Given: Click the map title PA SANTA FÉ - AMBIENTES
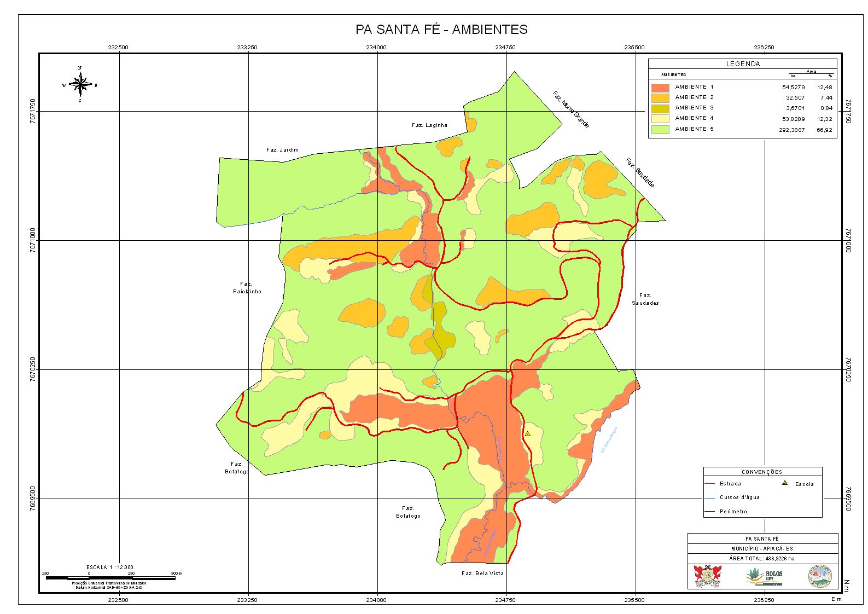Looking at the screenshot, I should click(x=441, y=30).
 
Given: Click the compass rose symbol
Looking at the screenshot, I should click(x=80, y=85).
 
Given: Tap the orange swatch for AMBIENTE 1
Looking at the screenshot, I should click(x=660, y=87).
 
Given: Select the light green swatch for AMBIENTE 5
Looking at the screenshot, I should click(x=660, y=129).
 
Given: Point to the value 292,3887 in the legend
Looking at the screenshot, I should click(x=791, y=130).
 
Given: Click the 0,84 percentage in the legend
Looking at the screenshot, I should click(x=826, y=108).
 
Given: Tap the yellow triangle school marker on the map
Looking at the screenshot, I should click(x=528, y=433).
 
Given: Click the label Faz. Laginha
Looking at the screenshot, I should click(x=429, y=125).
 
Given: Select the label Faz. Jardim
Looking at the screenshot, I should click(x=282, y=150).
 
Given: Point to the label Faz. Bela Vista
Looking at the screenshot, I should click(x=482, y=574).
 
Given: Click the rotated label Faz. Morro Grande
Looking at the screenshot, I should click(x=570, y=109).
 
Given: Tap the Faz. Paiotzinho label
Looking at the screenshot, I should click(x=247, y=288).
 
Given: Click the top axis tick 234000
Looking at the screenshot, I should click(x=376, y=48).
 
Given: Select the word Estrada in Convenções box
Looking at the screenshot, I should click(x=730, y=484).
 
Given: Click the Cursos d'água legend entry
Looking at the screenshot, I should click(x=739, y=497).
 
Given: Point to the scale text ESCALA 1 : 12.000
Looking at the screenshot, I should click(x=109, y=567).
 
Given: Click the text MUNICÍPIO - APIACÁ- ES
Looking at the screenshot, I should click(x=762, y=548).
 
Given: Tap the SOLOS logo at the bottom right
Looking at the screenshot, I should click(x=765, y=576).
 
